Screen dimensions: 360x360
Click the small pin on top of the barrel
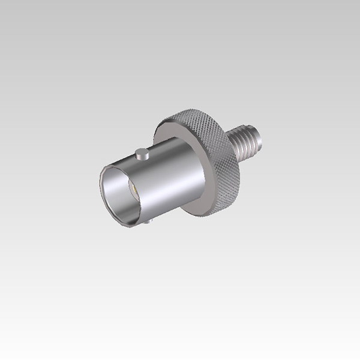click(x=142, y=154)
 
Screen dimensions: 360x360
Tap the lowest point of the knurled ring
click(x=204, y=215)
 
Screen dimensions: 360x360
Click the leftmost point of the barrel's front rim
click(x=100, y=186)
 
